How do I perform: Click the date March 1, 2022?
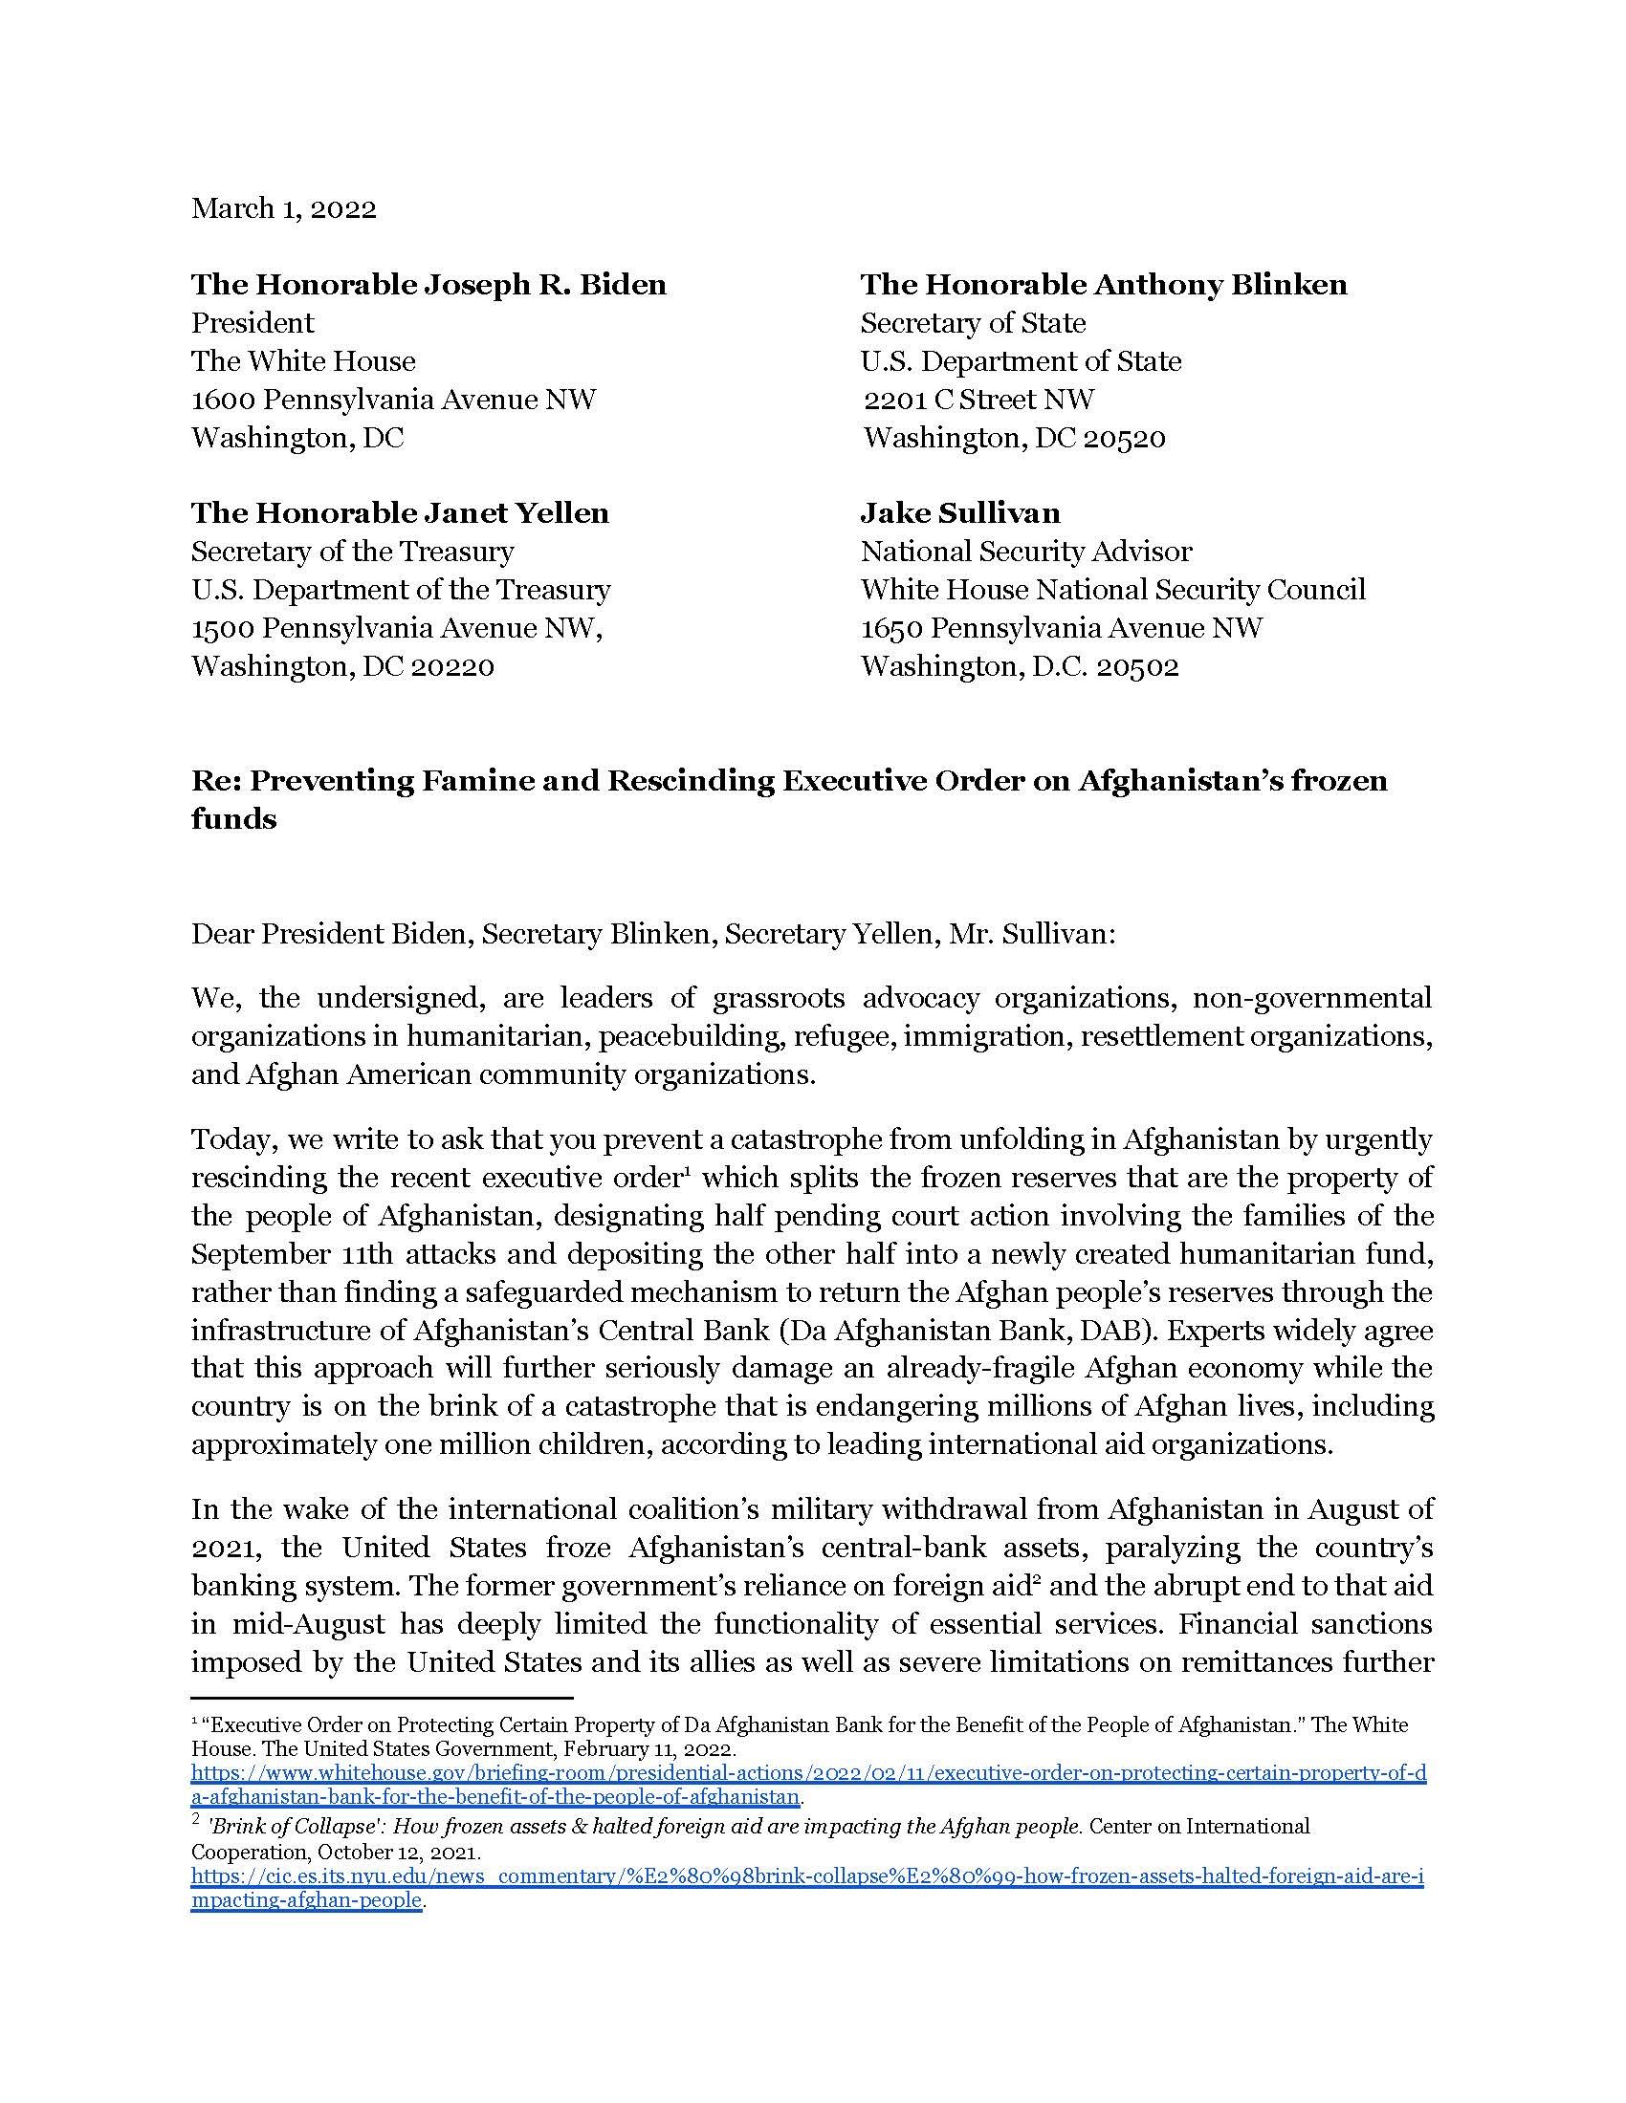pyautogui.click(x=283, y=209)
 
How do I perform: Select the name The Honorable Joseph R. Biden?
pyautogui.click(x=428, y=284)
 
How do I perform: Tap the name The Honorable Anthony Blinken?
pyautogui.click(x=1103, y=284)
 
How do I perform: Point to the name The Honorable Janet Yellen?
pyautogui.click(x=400, y=512)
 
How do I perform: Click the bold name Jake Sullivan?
pyautogui.click(x=959, y=512)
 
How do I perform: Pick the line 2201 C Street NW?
pyautogui.click(x=978, y=399)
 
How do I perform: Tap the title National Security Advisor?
pyautogui.click(x=1026, y=551)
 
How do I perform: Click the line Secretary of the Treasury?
pyautogui.click(x=353, y=551)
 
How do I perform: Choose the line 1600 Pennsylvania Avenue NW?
pyautogui.click(x=393, y=399)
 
